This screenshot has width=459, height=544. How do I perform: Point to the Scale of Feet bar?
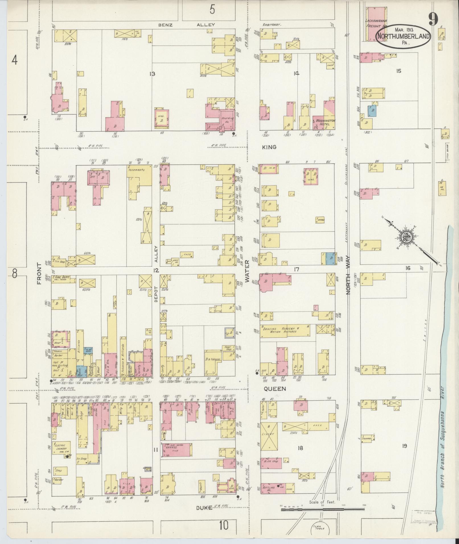[x=323, y=311]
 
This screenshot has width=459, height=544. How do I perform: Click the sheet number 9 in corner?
[x=433, y=20]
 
